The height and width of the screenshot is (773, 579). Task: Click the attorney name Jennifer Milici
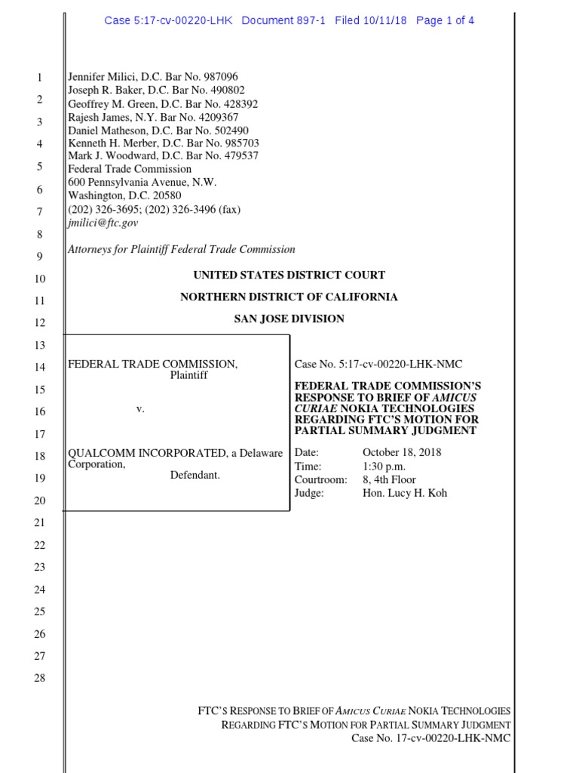(x=103, y=77)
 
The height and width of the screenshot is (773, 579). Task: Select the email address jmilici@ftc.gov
(x=103, y=223)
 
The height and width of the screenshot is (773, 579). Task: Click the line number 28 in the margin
(x=40, y=678)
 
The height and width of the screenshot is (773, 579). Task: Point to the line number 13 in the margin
(x=40, y=345)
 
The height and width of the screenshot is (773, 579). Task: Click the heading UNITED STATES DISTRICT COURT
(x=289, y=276)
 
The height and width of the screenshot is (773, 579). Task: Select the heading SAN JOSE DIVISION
(x=289, y=319)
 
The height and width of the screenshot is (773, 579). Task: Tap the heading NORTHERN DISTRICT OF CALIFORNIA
(x=289, y=297)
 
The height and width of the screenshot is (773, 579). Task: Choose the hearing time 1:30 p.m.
(x=383, y=467)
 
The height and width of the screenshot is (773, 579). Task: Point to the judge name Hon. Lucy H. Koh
(x=405, y=493)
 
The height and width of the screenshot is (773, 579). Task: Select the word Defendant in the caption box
(x=195, y=476)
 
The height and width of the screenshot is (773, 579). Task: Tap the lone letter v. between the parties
(x=139, y=408)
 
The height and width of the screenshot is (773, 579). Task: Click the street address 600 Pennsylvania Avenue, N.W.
(x=142, y=182)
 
